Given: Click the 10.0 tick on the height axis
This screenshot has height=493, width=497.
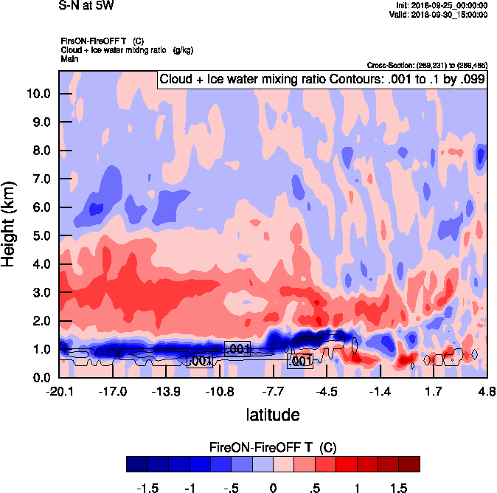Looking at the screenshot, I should point(38,94).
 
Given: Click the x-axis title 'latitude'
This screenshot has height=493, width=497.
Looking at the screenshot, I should point(273,415).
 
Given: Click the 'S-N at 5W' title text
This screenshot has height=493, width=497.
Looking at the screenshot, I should point(86,6).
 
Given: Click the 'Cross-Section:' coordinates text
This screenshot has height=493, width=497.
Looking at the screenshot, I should point(426,65).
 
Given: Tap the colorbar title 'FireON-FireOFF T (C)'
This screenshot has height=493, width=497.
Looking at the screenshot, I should point(273,447).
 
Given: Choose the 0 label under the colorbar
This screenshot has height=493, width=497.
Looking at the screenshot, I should point(273,489).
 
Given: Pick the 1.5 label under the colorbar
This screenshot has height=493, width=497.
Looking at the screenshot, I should point(399,489).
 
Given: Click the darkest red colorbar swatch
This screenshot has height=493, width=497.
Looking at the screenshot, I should point(409,464).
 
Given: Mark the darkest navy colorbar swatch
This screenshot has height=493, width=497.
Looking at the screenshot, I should point(136,464).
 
